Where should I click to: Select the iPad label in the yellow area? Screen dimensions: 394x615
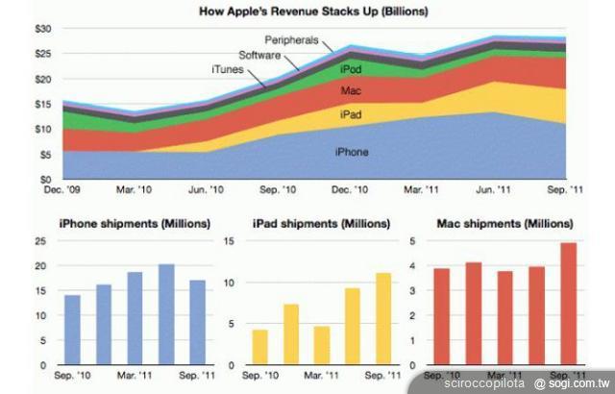click(x=350, y=114)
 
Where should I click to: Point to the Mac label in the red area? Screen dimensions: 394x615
click(x=351, y=91)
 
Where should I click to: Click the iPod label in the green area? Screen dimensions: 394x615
click(x=351, y=68)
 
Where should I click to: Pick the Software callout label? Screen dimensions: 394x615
click(x=260, y=56)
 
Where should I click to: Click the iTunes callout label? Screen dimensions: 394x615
click(x=228, y=69)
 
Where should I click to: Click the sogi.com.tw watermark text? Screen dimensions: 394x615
click(x=576, y=382)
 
